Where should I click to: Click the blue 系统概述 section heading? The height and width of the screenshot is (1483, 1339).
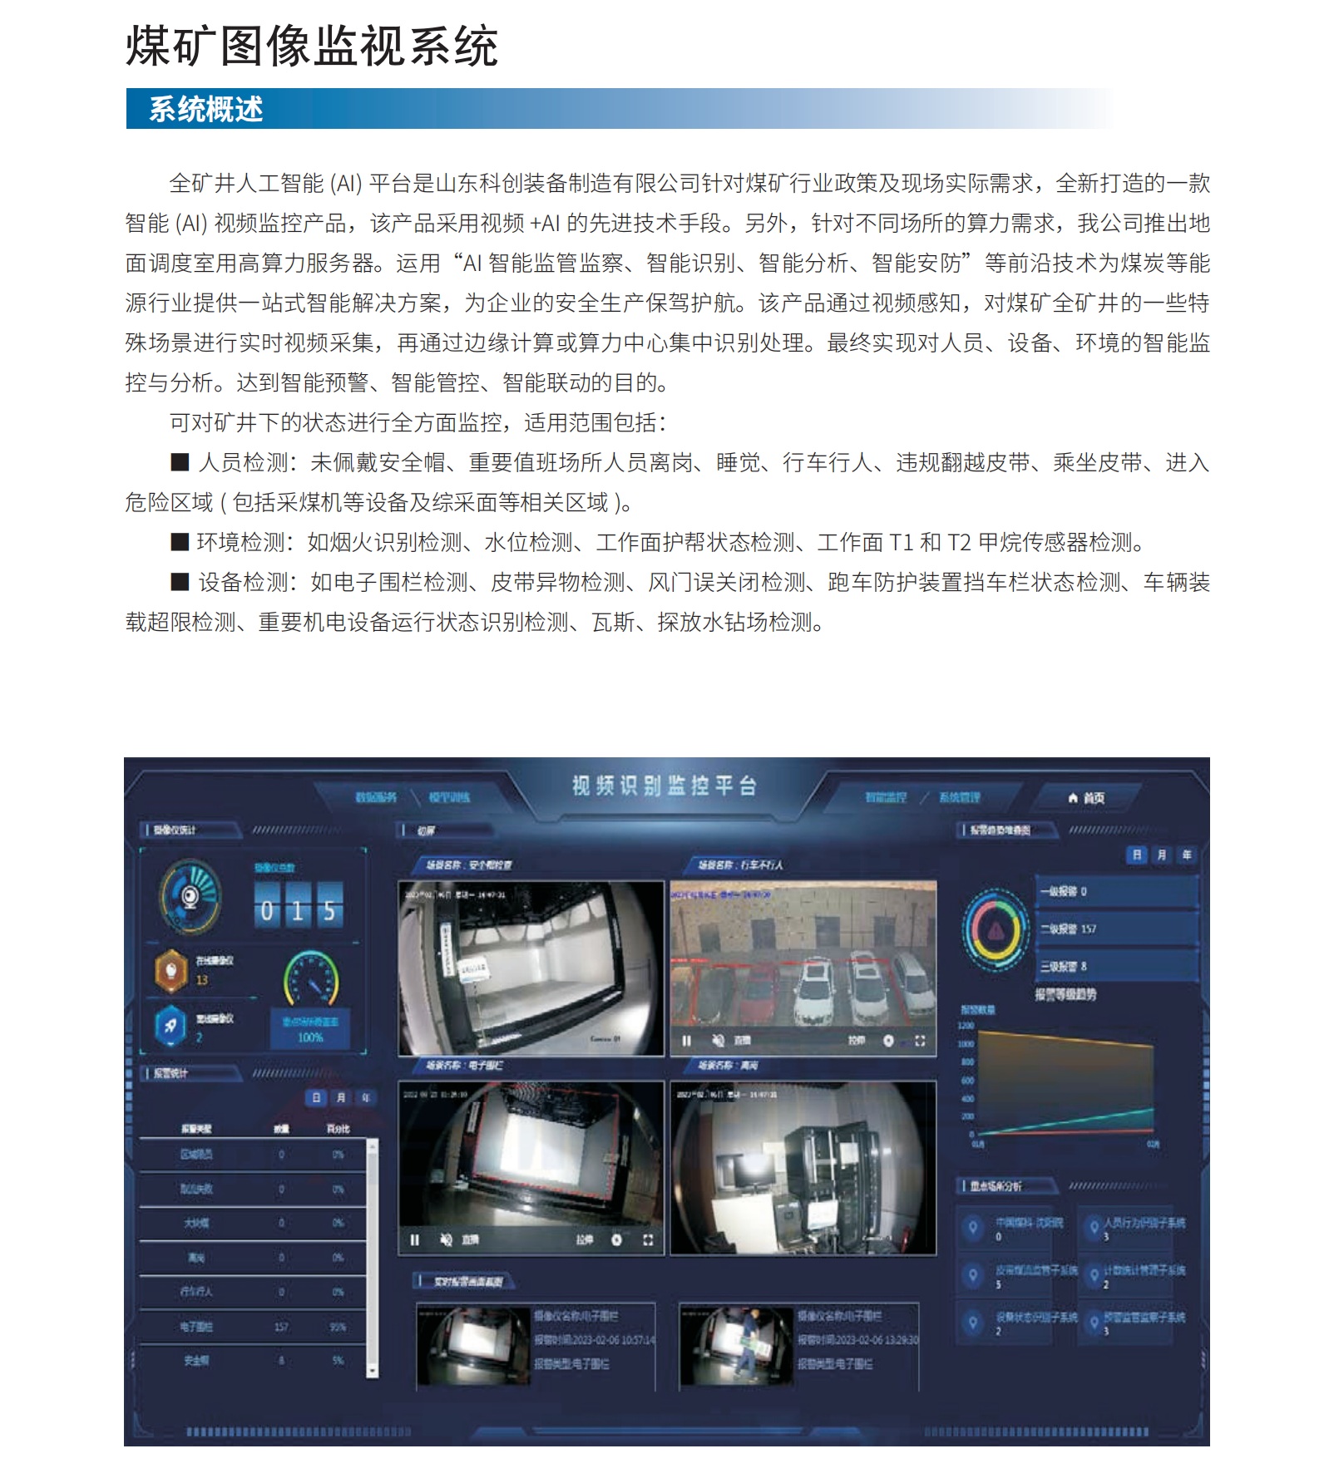click(205, 109)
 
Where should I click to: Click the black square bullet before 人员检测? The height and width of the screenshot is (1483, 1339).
click(180, 462)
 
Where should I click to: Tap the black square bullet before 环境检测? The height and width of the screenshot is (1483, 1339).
click(180, 542)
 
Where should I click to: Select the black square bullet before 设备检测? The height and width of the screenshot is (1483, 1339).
click(180, 582)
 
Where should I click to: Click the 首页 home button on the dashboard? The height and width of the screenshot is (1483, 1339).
click(1087, 798)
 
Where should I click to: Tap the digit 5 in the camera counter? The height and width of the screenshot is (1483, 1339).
click(329, 911)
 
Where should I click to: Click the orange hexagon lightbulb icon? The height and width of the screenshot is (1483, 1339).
click(171, 970)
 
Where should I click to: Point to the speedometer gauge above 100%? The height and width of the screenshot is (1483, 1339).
click(311, 979)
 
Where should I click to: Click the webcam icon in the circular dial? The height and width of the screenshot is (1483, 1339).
click(190, 896)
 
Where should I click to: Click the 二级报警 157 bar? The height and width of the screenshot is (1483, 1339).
click(1114, 929)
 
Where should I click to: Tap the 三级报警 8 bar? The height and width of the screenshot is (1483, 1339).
click(1114, 966)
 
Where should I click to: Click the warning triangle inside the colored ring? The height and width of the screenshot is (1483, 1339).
click(996, 930)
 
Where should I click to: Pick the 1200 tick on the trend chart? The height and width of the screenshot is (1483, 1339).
click(966, 1026)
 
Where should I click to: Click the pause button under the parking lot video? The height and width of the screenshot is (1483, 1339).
click(687, 1041)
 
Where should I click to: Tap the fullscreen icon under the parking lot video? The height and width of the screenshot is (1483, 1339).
click(920, 1041)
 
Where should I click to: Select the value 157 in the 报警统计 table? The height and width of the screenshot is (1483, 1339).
click(281, 1327)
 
